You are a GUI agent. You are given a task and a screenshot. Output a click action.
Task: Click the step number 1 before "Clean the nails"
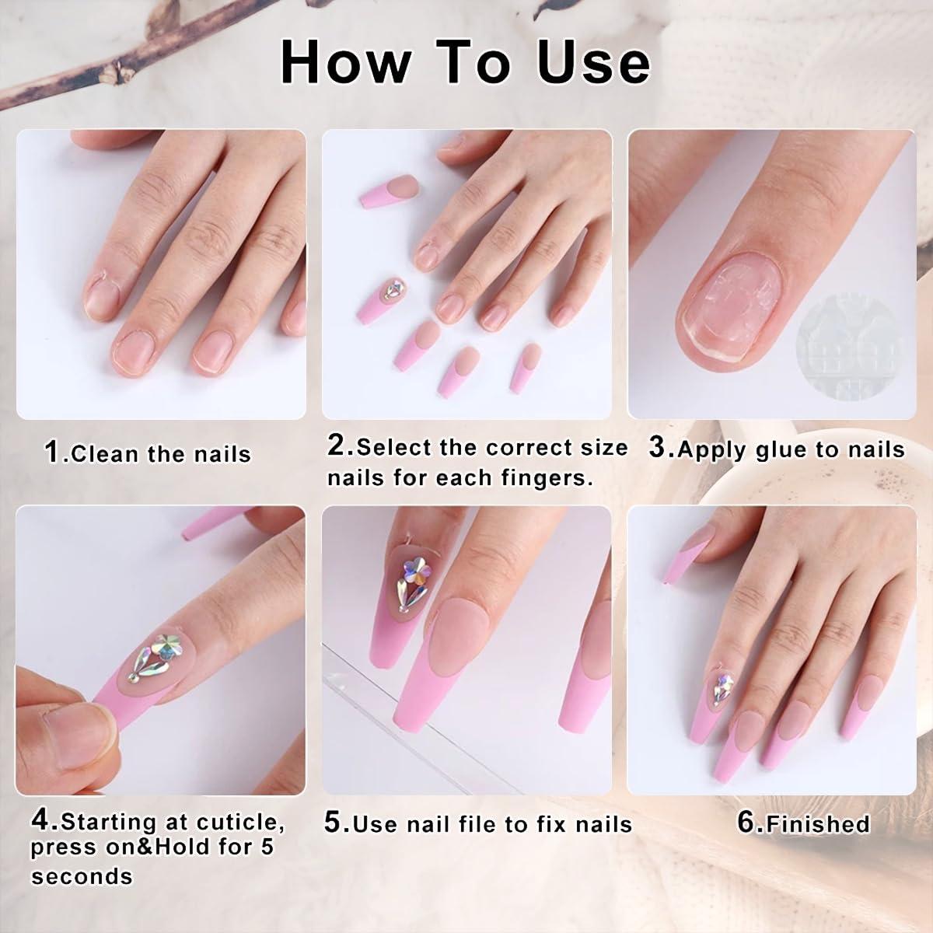click(52, 452)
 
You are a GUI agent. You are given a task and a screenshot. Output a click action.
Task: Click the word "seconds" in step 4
click(82, 876)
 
